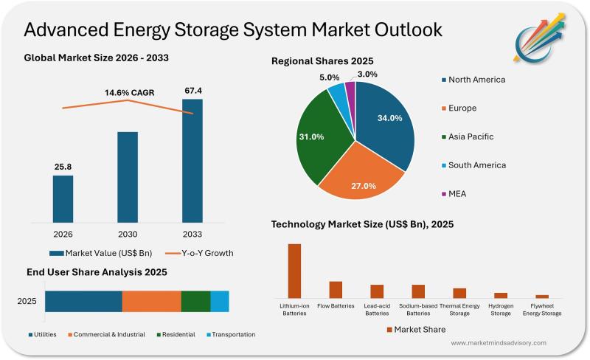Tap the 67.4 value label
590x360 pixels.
(x=192, y=91)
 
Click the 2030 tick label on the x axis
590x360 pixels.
(x=128, y=235)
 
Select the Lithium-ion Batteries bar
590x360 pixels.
(x=294, y=270)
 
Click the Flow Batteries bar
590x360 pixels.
(x=336, y=289)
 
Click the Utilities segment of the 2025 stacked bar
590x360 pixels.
(x=83, y=302)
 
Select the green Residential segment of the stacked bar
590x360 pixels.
(x=195, y=302)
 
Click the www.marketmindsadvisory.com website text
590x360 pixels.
(x=498, y=343)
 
